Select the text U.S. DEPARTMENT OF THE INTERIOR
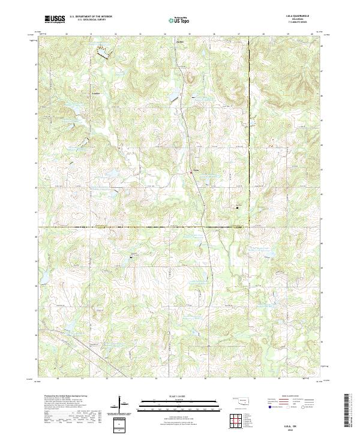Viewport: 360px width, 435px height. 91,16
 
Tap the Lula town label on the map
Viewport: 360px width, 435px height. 195,170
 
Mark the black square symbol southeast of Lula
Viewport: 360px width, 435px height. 237,208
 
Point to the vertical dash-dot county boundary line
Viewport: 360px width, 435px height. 248,120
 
